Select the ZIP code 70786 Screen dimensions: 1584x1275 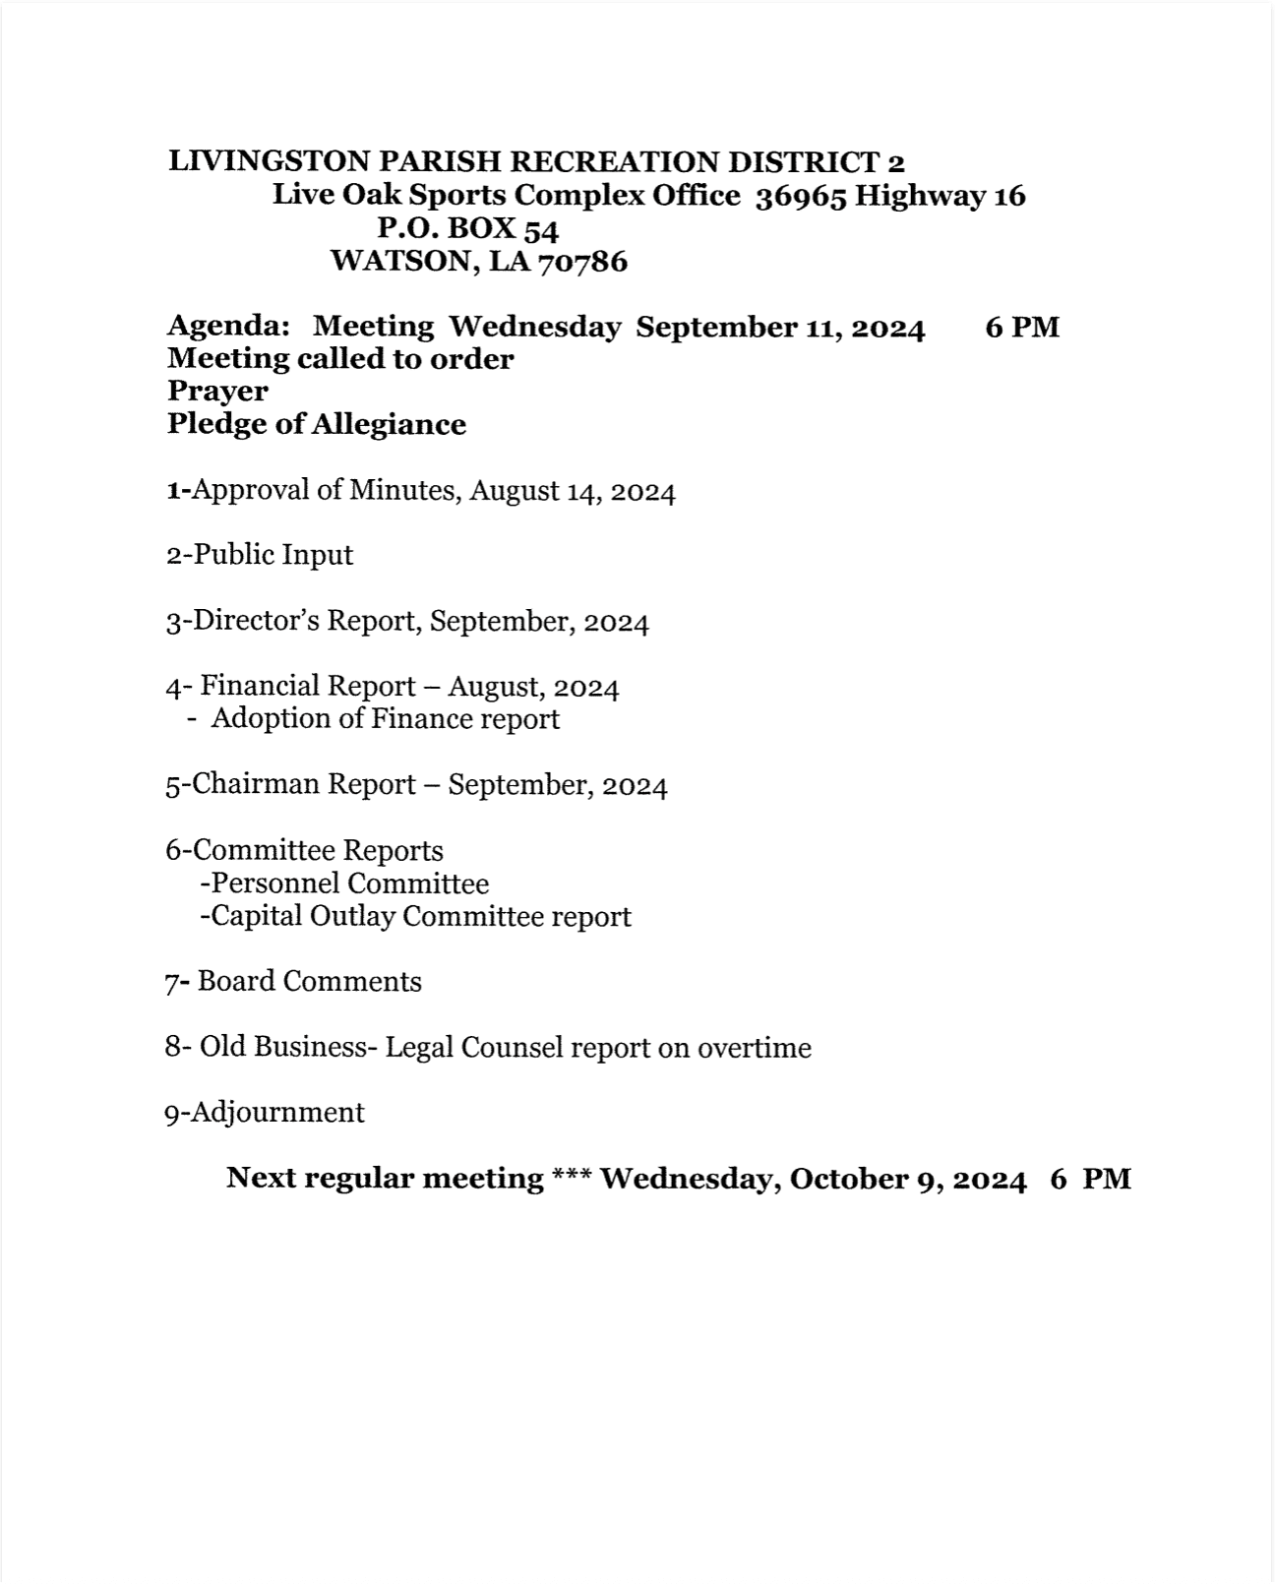[x=582, y=262]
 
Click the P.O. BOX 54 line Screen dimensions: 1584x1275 [x=468, y=228]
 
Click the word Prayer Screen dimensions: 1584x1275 [x=217, y=391]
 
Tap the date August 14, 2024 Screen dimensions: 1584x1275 [x=573, y=490]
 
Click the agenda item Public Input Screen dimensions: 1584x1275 [x=273, y=555]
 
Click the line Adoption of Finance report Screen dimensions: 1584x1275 [x=385, y=719]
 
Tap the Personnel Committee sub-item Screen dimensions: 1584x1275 [x=350, y=883]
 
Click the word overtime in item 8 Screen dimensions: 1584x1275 [x=754, y=1048]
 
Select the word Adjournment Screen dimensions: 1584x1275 [x=276, y=1113]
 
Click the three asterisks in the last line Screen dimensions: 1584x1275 [x=571, y=1178]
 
